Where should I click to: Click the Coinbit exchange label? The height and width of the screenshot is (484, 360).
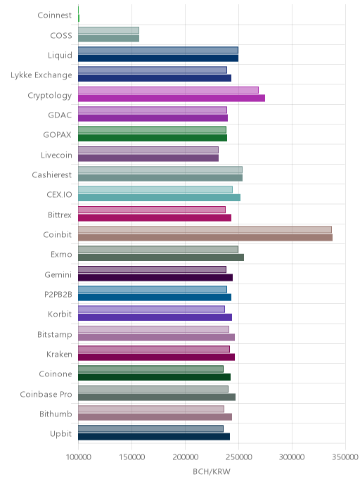[58, 234]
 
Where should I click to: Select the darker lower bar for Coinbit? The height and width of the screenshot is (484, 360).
[205, 237]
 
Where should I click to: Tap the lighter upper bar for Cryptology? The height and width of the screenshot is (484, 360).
[168, 90]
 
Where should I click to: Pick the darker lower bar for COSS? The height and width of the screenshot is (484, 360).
[108, 38]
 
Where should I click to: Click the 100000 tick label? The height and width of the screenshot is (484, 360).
[78, 457]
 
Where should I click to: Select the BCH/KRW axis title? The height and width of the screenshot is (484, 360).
[212, 471]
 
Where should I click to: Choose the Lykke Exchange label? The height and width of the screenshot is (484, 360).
[41, 75]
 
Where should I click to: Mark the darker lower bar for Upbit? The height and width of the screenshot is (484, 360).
[154, 436]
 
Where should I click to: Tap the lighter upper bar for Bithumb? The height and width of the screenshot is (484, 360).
[151, 409]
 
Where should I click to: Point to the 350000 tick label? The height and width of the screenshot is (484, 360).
[345, 457]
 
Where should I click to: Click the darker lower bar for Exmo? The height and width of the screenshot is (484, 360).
[161, 257]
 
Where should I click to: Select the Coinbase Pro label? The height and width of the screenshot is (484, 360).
[46, 394]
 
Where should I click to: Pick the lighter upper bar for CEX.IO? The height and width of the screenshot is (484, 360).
[155, 189]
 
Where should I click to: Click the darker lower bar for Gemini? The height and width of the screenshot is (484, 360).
[155, 277]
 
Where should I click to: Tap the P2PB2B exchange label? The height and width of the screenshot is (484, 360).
[58, 295]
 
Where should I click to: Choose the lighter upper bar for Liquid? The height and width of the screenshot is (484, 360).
[158, 51]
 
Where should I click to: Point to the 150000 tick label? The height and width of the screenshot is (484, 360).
[131, 457]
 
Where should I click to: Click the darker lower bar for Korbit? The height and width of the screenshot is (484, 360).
[155, 317]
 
